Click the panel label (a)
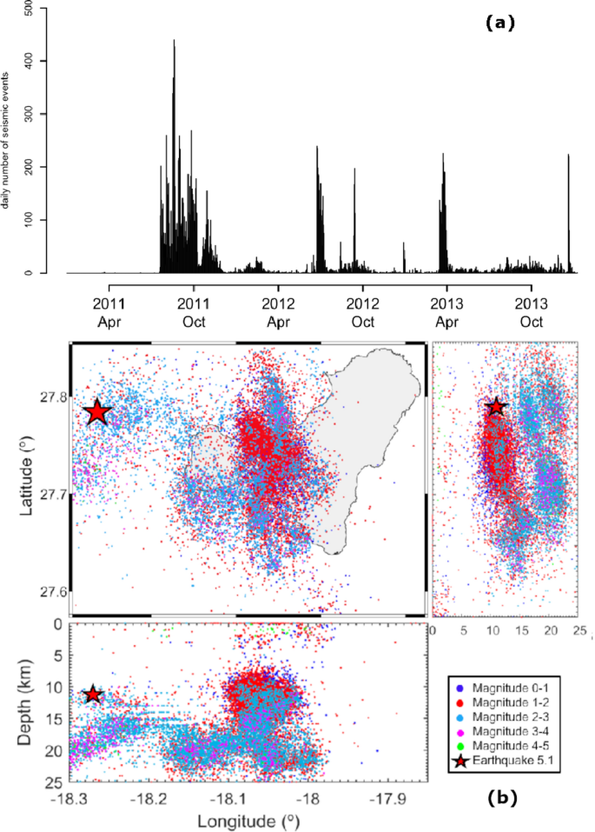pos(499,24)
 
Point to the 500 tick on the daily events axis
pos(30,7)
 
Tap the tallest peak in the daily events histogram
pos(174,42)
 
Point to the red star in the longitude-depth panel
pos(93,695)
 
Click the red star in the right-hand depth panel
pos(496,407)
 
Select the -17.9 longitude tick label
pos(383,798)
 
